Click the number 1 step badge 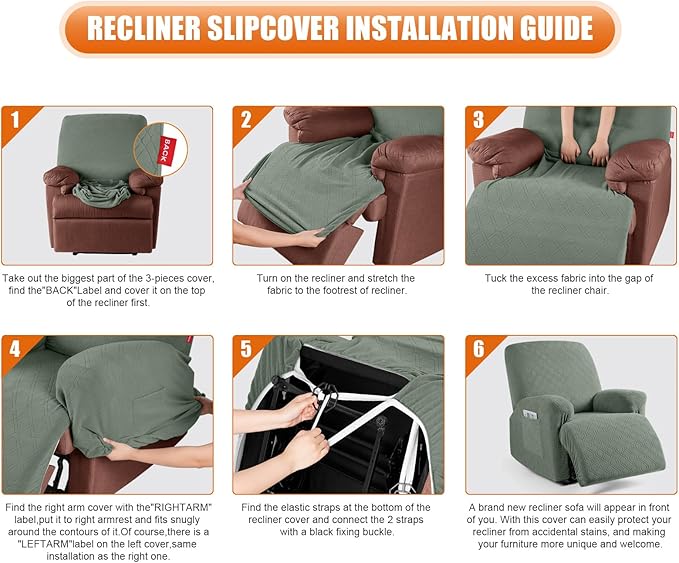click(x=15, y=121)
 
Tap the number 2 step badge click(x=246, y=121)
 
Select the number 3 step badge click(x=479, y=121)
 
